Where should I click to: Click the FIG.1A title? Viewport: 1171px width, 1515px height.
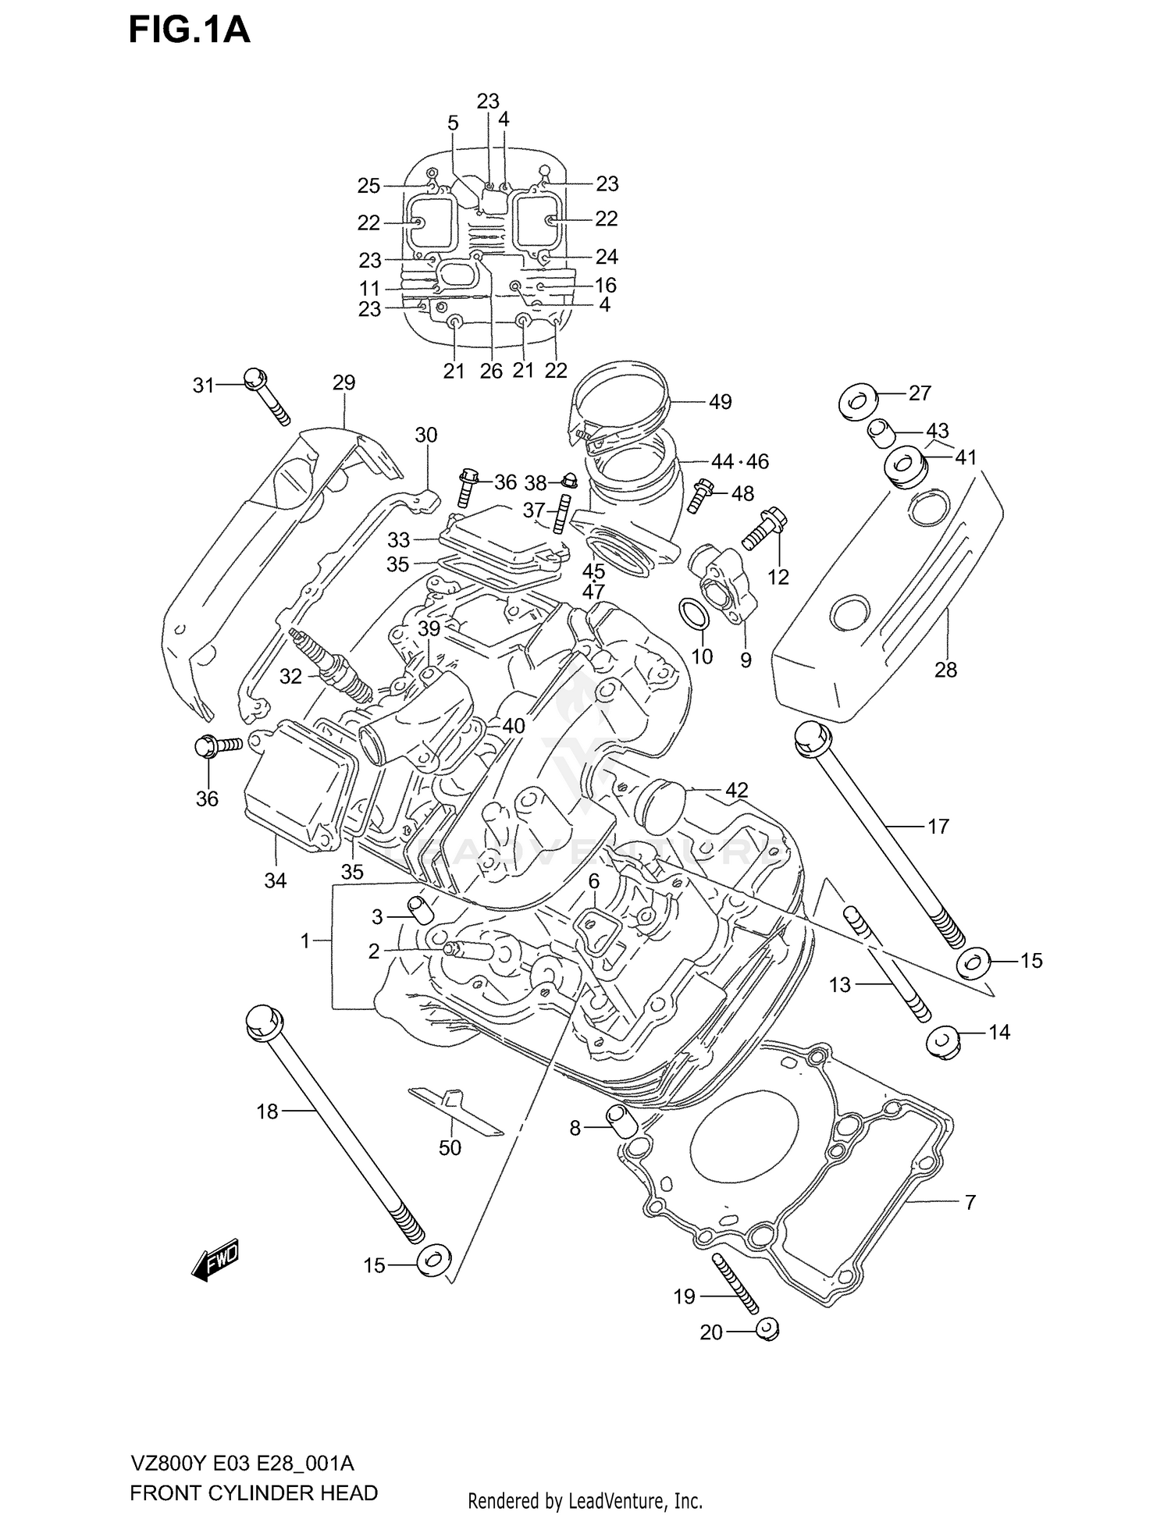click(x=189, y=30)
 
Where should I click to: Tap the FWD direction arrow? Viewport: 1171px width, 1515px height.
click(x=215, y=1259)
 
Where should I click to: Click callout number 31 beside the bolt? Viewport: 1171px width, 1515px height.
click(x=203, y=385)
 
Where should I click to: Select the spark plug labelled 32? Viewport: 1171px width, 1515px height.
click(x=331, y=665)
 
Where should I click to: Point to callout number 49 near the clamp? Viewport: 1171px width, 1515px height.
click(x=720, y=402)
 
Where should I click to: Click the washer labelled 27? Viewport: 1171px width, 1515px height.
click(x=857, y=403)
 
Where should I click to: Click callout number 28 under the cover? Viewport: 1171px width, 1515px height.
click(x=945, y=670)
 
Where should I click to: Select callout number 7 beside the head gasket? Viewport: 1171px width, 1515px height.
click(x=970, y=1203)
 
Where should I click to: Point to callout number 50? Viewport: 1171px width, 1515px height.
click(x=450, y=1147)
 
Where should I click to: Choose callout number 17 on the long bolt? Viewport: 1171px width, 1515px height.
click(x=938, y=826)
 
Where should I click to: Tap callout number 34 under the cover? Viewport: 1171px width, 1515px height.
click(x=276, y=880)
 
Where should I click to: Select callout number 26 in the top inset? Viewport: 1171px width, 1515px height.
click(x=491, y=371)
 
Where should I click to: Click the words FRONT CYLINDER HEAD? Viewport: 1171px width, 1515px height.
click(x=254, y=1493)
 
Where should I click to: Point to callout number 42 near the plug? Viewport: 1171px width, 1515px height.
click(x=736, y=791)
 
